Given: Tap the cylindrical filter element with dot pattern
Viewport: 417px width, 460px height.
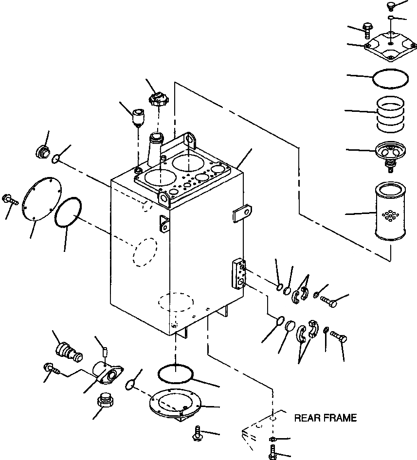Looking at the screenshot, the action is click(x=391, y=210).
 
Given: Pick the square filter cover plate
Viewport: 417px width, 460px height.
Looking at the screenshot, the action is click(x=390, y=46).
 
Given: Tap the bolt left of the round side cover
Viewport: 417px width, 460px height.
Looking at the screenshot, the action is click(x=10, y=200).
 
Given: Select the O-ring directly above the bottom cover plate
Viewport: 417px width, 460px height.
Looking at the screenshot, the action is click(x=176, y=373).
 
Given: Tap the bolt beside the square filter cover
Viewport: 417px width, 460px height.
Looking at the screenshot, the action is click(x=367, y=30).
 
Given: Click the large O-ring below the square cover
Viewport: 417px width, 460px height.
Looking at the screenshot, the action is click(x=390, y=79).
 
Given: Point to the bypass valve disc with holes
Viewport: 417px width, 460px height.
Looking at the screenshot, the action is click(x=390, y=156).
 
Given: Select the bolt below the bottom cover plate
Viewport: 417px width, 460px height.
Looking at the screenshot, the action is click(x=198, y=433).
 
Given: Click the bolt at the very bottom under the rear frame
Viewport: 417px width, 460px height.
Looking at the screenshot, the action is click(x=273, y=452).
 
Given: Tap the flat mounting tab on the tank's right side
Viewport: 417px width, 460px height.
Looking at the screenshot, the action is click(x=242, y=214).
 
